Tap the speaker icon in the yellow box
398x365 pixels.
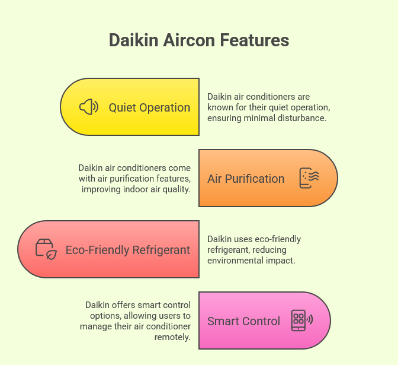coord(89,107)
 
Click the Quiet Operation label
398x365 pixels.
coord(149,107)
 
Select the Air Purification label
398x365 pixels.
coord(246,179)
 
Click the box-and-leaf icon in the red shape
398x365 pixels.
coord(46,249)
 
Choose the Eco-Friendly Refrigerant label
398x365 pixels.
coord(128,250)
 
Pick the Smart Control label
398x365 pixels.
coord(243,321)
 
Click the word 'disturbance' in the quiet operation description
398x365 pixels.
coord(304,118)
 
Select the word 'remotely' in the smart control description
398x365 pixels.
coord(174,337)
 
